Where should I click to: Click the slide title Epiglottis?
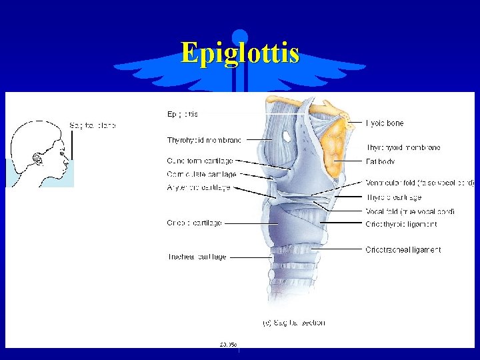point(239,53)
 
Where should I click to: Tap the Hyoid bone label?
point(385,123)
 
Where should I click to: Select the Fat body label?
point(380,161)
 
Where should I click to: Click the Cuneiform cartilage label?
point(200,161)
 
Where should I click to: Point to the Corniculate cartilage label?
point(201,174)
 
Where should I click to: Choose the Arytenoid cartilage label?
point(199,188)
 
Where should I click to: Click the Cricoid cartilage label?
point(194,223)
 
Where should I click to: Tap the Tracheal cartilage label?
point(197,257)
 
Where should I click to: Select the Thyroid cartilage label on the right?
point(393,197)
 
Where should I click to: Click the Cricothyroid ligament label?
point(401,225)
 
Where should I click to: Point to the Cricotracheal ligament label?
point(403,250)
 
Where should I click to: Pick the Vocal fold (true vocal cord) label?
point(410,211)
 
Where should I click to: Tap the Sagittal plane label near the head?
point(93,125)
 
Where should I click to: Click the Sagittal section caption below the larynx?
point(293,323)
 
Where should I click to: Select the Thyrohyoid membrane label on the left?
point(204,140)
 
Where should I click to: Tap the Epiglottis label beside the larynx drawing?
point(182,114)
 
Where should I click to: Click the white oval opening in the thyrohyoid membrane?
point(286,136)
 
